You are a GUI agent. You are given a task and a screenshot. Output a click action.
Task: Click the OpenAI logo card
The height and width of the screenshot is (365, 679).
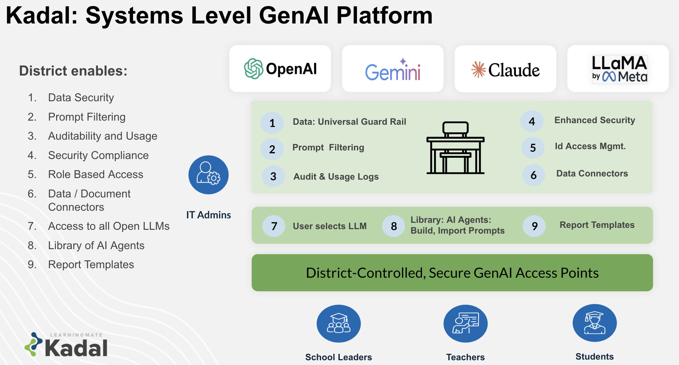(280, 69)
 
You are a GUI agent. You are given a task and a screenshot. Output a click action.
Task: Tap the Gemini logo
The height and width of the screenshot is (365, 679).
(393, 70)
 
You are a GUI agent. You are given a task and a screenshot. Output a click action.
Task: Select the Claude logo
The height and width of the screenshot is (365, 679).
(505, 70)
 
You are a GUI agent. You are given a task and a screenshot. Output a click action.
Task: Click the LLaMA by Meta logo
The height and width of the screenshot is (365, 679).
(619, 69)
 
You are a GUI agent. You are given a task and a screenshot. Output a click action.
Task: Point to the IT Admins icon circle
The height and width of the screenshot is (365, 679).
(208, 175)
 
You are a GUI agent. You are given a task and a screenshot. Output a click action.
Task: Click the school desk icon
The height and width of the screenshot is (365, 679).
(455, 148)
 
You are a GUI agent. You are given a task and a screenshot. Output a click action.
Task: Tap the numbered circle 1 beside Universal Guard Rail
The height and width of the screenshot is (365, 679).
(272, 123)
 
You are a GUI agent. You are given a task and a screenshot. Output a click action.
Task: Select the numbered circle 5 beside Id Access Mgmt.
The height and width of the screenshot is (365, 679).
(533, 148)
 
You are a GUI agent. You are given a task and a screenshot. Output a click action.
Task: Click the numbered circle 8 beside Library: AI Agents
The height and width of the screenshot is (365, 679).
(394, 226)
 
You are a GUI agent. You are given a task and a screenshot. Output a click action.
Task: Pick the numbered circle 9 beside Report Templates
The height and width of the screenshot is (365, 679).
(535, 226)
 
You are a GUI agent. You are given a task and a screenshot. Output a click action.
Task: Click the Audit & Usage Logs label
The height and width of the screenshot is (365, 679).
(336, 176)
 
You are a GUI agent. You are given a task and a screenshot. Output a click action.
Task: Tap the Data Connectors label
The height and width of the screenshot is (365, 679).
(592, 174)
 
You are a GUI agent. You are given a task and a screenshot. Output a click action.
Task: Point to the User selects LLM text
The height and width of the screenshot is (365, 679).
(330, 226)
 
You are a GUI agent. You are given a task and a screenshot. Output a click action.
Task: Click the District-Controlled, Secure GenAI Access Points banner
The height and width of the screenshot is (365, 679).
(452, 273)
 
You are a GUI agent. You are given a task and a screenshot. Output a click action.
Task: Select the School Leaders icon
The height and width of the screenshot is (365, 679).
(339, 323)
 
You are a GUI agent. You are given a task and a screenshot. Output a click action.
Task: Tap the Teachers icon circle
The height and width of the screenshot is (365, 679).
(465, 323)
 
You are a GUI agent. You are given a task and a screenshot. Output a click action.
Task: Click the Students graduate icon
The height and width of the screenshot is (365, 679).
(595, 323)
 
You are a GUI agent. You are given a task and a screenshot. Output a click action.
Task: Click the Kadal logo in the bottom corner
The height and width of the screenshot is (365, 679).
(67, 345)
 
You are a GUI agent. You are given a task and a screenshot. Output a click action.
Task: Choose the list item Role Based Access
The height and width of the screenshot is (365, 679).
(96, 174)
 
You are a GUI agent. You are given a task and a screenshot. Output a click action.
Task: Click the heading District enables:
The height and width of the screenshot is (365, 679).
(73, 71)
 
